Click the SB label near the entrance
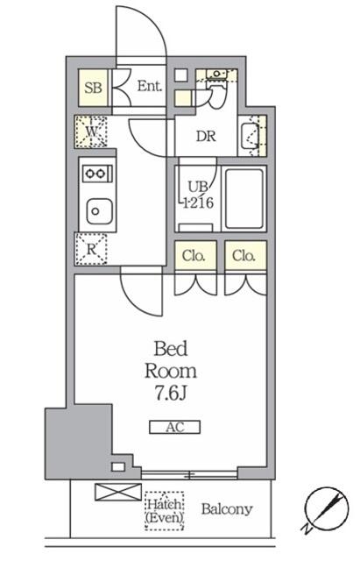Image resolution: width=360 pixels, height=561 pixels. tap(93, 88)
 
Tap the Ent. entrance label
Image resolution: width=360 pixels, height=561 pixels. tap(150, 86)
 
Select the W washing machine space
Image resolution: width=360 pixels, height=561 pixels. tap(91, 131)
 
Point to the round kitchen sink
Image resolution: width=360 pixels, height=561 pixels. tap(100, 211)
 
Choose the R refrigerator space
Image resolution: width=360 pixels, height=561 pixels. tap(91, 249)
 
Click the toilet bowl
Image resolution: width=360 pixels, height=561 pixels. tap(217, 95)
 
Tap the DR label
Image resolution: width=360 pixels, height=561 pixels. tap(206, 136)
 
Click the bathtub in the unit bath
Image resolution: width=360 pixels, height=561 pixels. tap(244, 199)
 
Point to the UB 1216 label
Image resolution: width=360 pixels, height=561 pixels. tap(198, 195)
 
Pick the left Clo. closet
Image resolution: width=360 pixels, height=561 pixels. tap(195, 255)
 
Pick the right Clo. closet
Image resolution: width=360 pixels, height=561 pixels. tap(245, 255)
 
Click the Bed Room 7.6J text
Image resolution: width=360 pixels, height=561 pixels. tap(171, 371)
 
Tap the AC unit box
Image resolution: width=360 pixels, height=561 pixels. tap(174, 427)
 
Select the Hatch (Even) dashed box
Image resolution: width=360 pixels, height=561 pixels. tap(165, 510)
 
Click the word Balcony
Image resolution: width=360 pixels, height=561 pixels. tap(227, 509)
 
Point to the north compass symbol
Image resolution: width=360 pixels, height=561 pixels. tap(326, 508)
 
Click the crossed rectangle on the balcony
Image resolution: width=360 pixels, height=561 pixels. tap(118, 492)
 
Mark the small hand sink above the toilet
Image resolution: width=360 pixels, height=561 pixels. tap(217, 74)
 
